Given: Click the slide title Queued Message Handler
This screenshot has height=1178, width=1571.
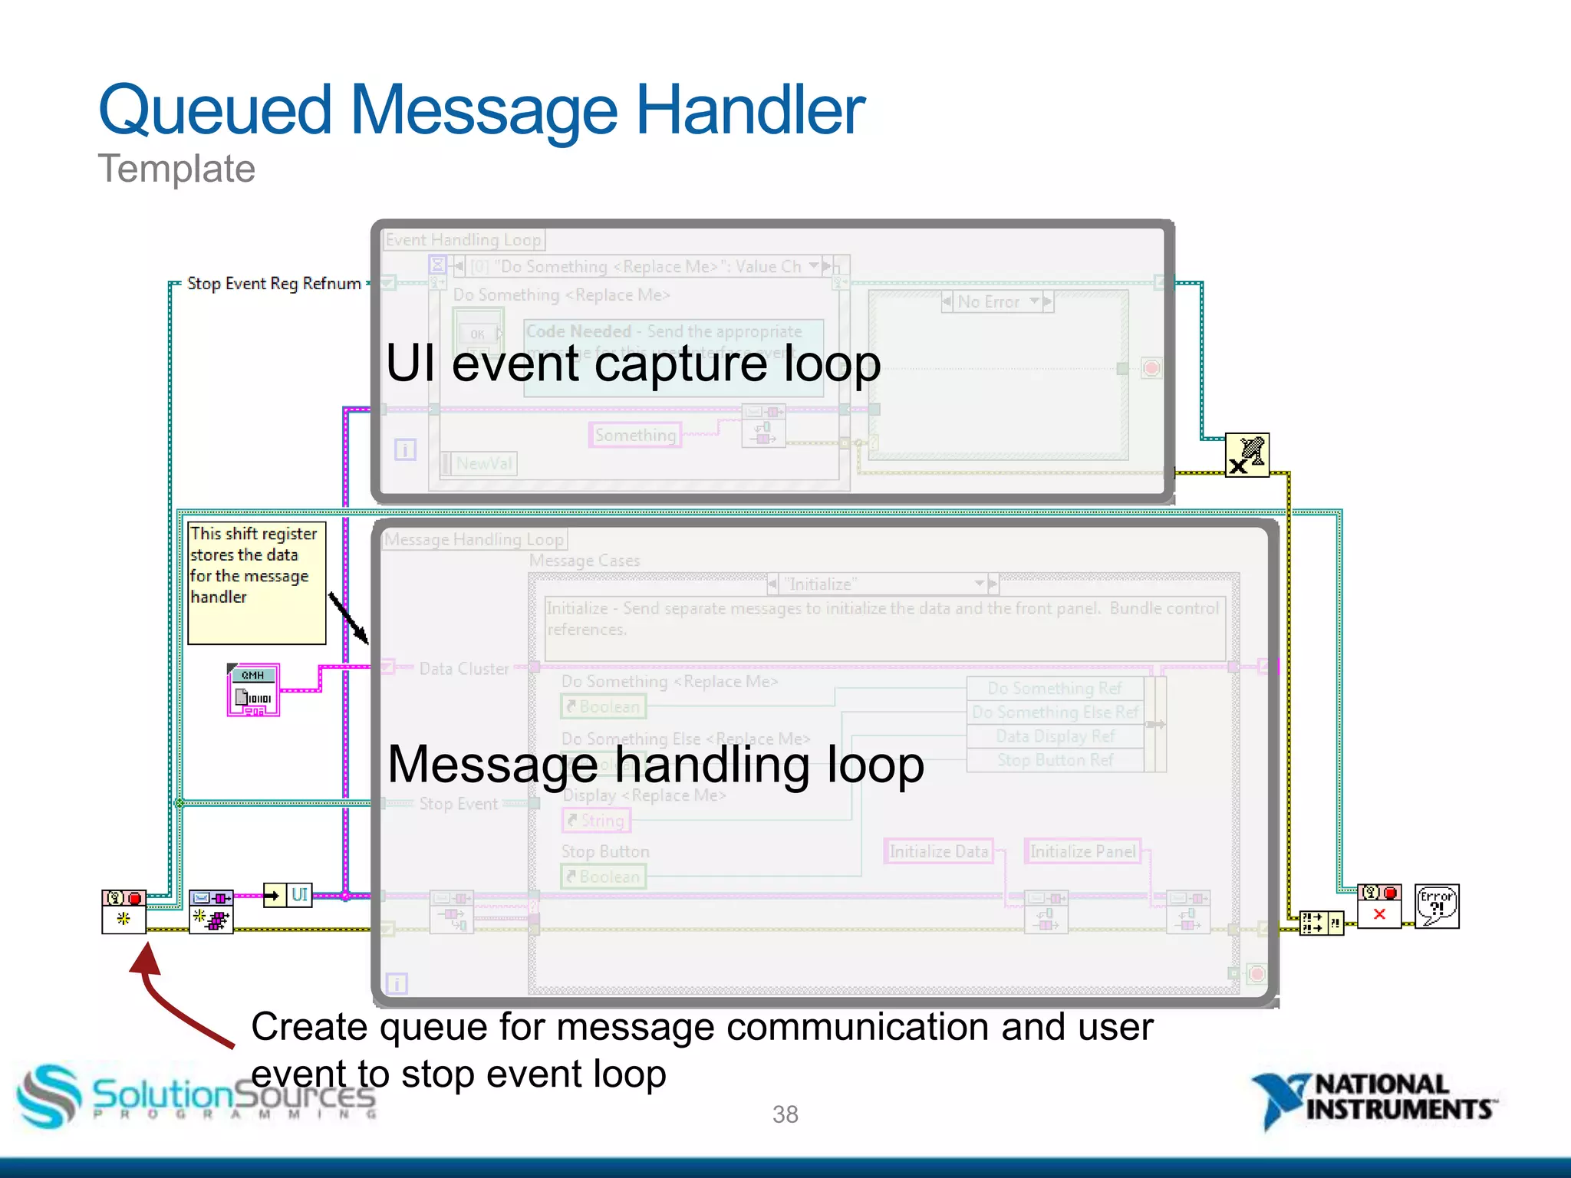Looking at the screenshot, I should pyautogui.click(x=482, y=111).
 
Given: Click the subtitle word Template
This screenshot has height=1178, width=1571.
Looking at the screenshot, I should pyautogui.click(x=176, y=169).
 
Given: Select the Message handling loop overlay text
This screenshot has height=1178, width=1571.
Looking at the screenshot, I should pyautogui.click(x=656, y=765).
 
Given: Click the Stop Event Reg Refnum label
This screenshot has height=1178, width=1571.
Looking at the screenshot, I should pyautogui.click(x=274, y=284).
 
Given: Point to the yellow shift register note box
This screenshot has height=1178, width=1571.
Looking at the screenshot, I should pyautogui.click(x=257, y=583).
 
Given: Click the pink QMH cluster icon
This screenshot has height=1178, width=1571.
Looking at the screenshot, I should pyautogui.click(x=254, y=690).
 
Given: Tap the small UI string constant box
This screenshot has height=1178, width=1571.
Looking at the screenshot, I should pyautogui.click(x=299, y=895).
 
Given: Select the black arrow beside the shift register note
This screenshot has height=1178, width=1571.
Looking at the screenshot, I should pyautogui.click(x=349, y=617).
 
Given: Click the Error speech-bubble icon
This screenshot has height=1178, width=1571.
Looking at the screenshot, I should pyautogui.click(x=1437, y=907).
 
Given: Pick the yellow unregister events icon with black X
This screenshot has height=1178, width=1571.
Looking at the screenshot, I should pyautogui.click(x=1247, y=456).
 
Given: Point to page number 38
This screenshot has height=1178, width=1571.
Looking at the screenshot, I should pyautogui.click(x=785, y=1114).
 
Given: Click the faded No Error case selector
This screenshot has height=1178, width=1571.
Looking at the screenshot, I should pyautogui.click(x=997, y=302).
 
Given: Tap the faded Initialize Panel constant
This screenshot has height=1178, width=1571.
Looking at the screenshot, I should pyautogui.click(x=1082, y=851).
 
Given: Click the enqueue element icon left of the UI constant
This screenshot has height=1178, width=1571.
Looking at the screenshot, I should pyautogui.click(x=212, y=910).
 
